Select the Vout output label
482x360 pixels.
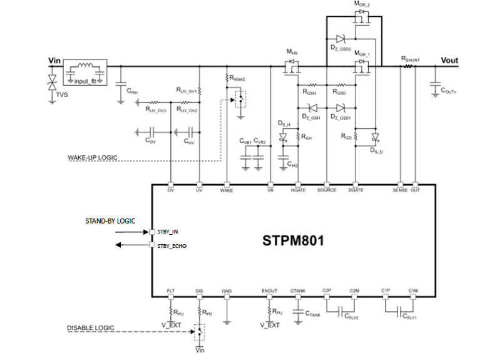tap(449, 61)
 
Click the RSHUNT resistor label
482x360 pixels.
tap(411, 59)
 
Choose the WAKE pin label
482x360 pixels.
tap(227, 190)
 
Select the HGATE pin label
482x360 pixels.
tap(299, 190)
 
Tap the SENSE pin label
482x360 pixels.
tap(399, 190)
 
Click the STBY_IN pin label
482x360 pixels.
tap(167, 232)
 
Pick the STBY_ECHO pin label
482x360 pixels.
tap(172, 245)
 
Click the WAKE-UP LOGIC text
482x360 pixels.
tap(93, 157)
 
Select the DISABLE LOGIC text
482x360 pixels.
tap(90, 327)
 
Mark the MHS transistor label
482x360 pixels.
tap(292, 51)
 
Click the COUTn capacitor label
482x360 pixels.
tap(448, 91)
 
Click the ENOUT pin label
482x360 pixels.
tap(270, 291)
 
